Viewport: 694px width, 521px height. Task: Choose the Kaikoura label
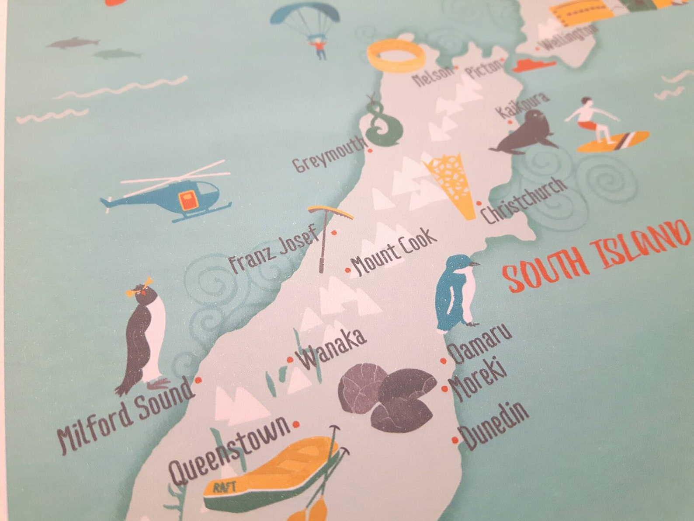coord(523,105)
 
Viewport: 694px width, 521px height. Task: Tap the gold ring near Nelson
coord(396,56)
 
